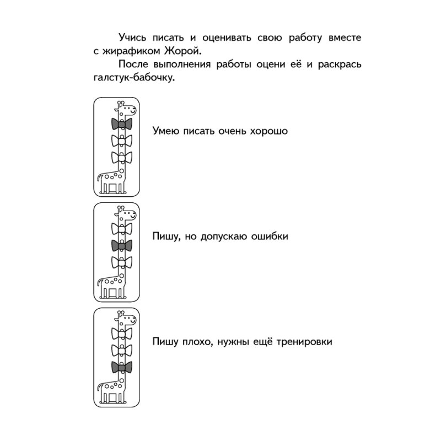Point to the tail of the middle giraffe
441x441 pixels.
click(x=99, y=282)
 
